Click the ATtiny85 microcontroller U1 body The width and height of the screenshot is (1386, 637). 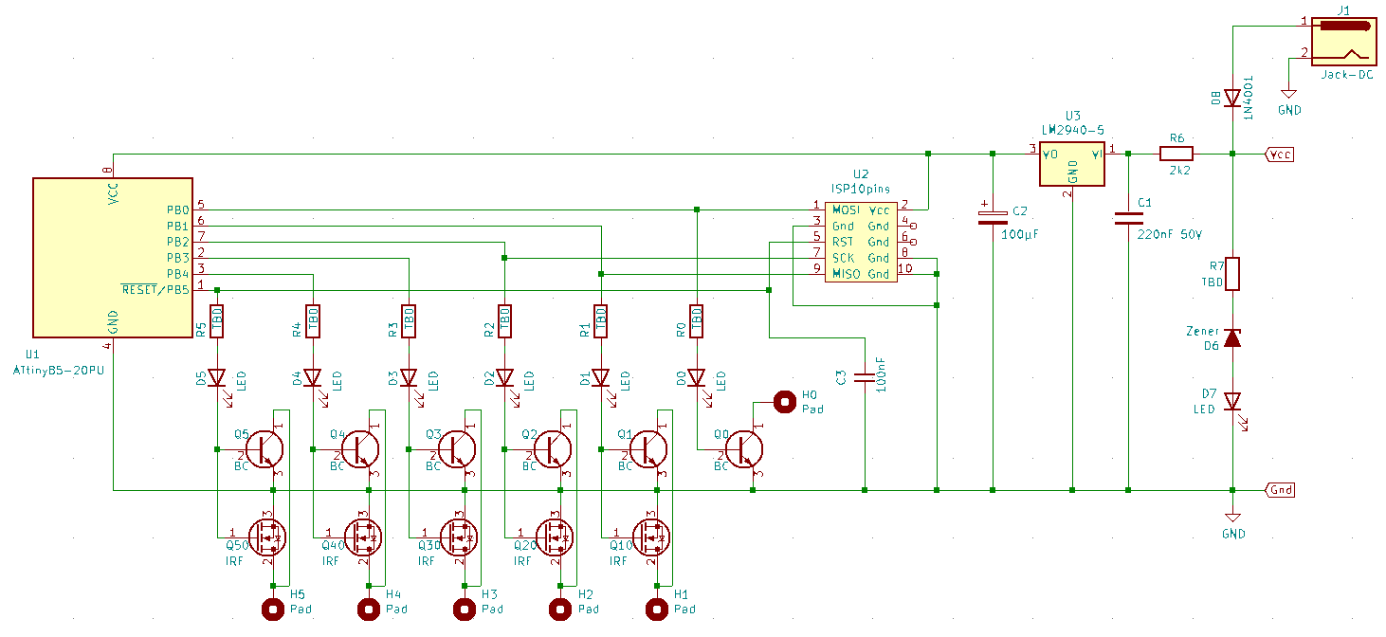[113, 257]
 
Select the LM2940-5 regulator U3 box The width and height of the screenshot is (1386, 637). [1072, 166]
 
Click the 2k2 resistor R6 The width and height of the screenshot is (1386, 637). [1176, 153]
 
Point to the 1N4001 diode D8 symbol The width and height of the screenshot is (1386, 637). [1232, 98]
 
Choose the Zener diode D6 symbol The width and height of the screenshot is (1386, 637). [1232, 337]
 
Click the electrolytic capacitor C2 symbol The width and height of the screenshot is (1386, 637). [992, 219]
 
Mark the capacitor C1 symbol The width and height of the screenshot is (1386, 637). [1128, 219]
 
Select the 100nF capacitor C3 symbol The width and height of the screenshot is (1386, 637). [864, 377]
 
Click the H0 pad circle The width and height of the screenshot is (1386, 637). [785, 402]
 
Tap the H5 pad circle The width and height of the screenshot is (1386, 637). [273, 609]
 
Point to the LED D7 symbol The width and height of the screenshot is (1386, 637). [1232, 402]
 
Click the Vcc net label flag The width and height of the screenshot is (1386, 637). [1280, 154]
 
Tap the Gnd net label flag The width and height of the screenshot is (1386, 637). [1280, 490]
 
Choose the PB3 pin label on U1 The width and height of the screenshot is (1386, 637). [178, 258]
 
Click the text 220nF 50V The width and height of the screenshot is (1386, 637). [1170, 233]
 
